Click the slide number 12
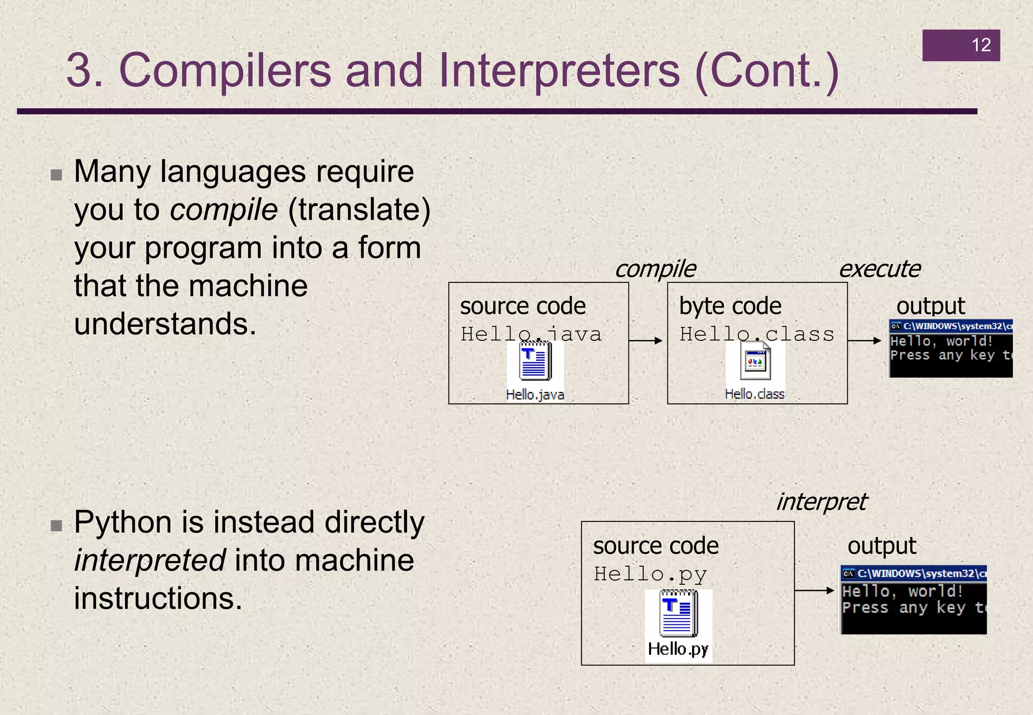pos(981,45)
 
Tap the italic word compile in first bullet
pos(223,210)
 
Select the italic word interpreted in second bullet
pos(150,561)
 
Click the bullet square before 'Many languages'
pos(56,175)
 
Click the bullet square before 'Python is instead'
pos(56,526)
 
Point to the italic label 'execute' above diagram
pos(879,269)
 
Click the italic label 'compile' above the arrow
pos(655,269)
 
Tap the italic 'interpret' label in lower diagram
pos(821,502)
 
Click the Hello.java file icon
pos(535,361)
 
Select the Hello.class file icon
pos(755,361)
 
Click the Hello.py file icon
pos(678,616)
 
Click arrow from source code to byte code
pos(646,341)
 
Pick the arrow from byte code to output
pos(865,341)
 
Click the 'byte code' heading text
pos(730,306)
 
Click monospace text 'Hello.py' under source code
pos(650,574)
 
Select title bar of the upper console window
pos(951,326)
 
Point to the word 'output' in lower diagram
pos(881,546)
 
